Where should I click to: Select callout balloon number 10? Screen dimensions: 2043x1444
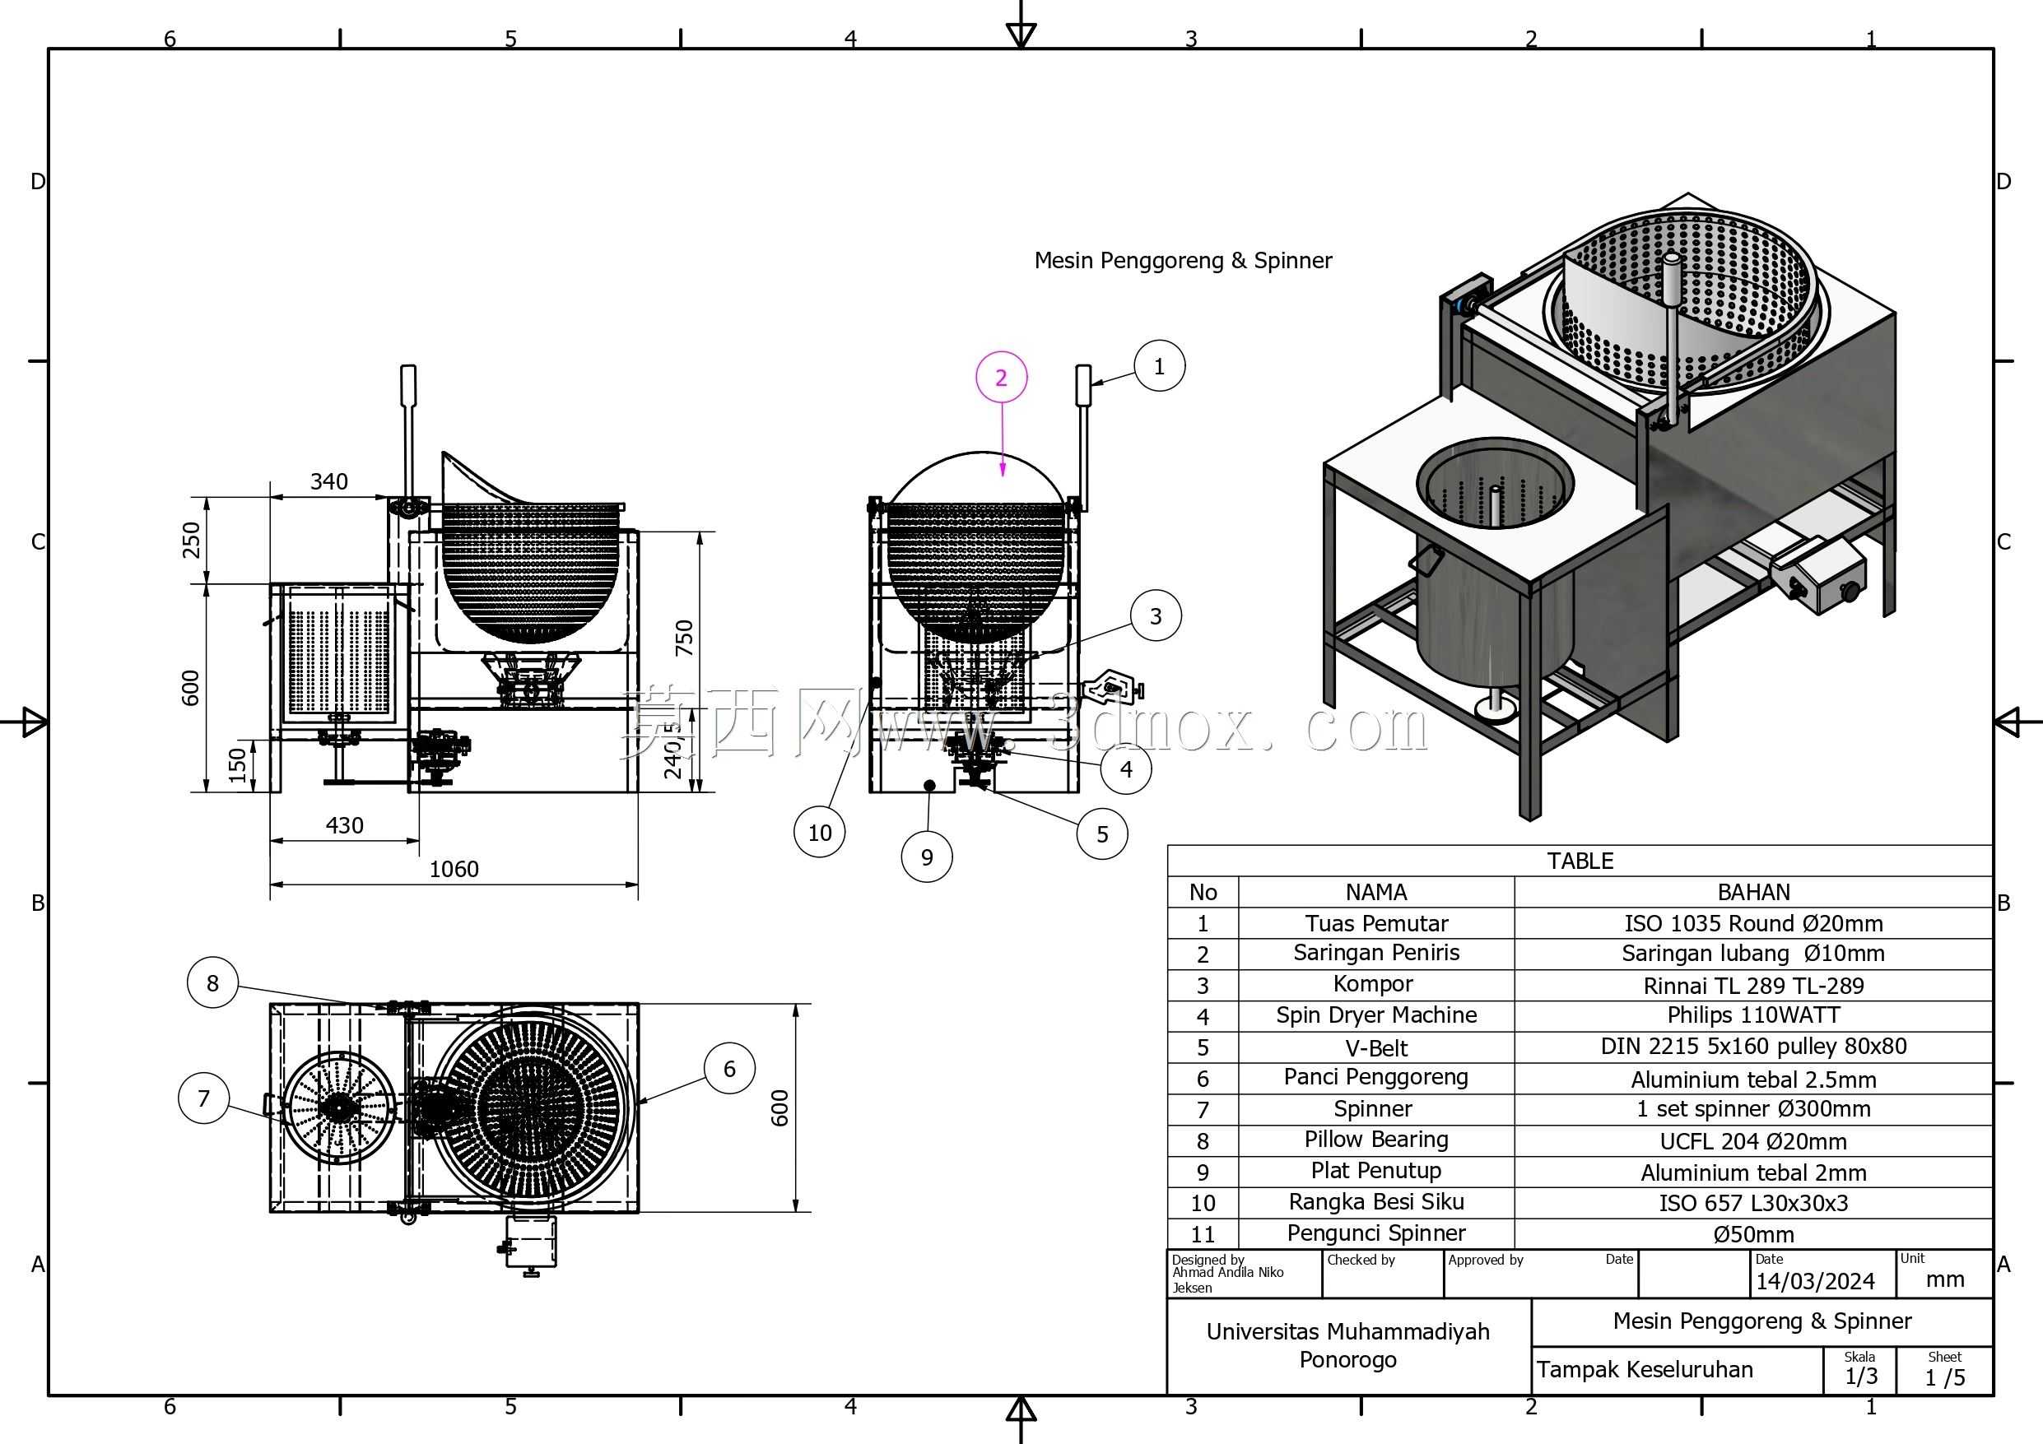coord(820,832)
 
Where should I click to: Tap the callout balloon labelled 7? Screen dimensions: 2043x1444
coord(204,1098)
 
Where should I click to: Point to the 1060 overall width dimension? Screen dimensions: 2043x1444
coord(454,869)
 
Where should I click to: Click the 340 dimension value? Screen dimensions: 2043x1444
coord(329,481)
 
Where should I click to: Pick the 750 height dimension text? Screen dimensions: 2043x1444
coord(684,638)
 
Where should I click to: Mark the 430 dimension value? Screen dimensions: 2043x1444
coord(344,825)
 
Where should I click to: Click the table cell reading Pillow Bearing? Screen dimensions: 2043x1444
coord(1375,1140)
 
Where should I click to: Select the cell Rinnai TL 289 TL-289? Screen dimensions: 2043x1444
coord(1753,985)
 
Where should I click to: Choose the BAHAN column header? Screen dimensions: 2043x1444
coord(1753,891)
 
